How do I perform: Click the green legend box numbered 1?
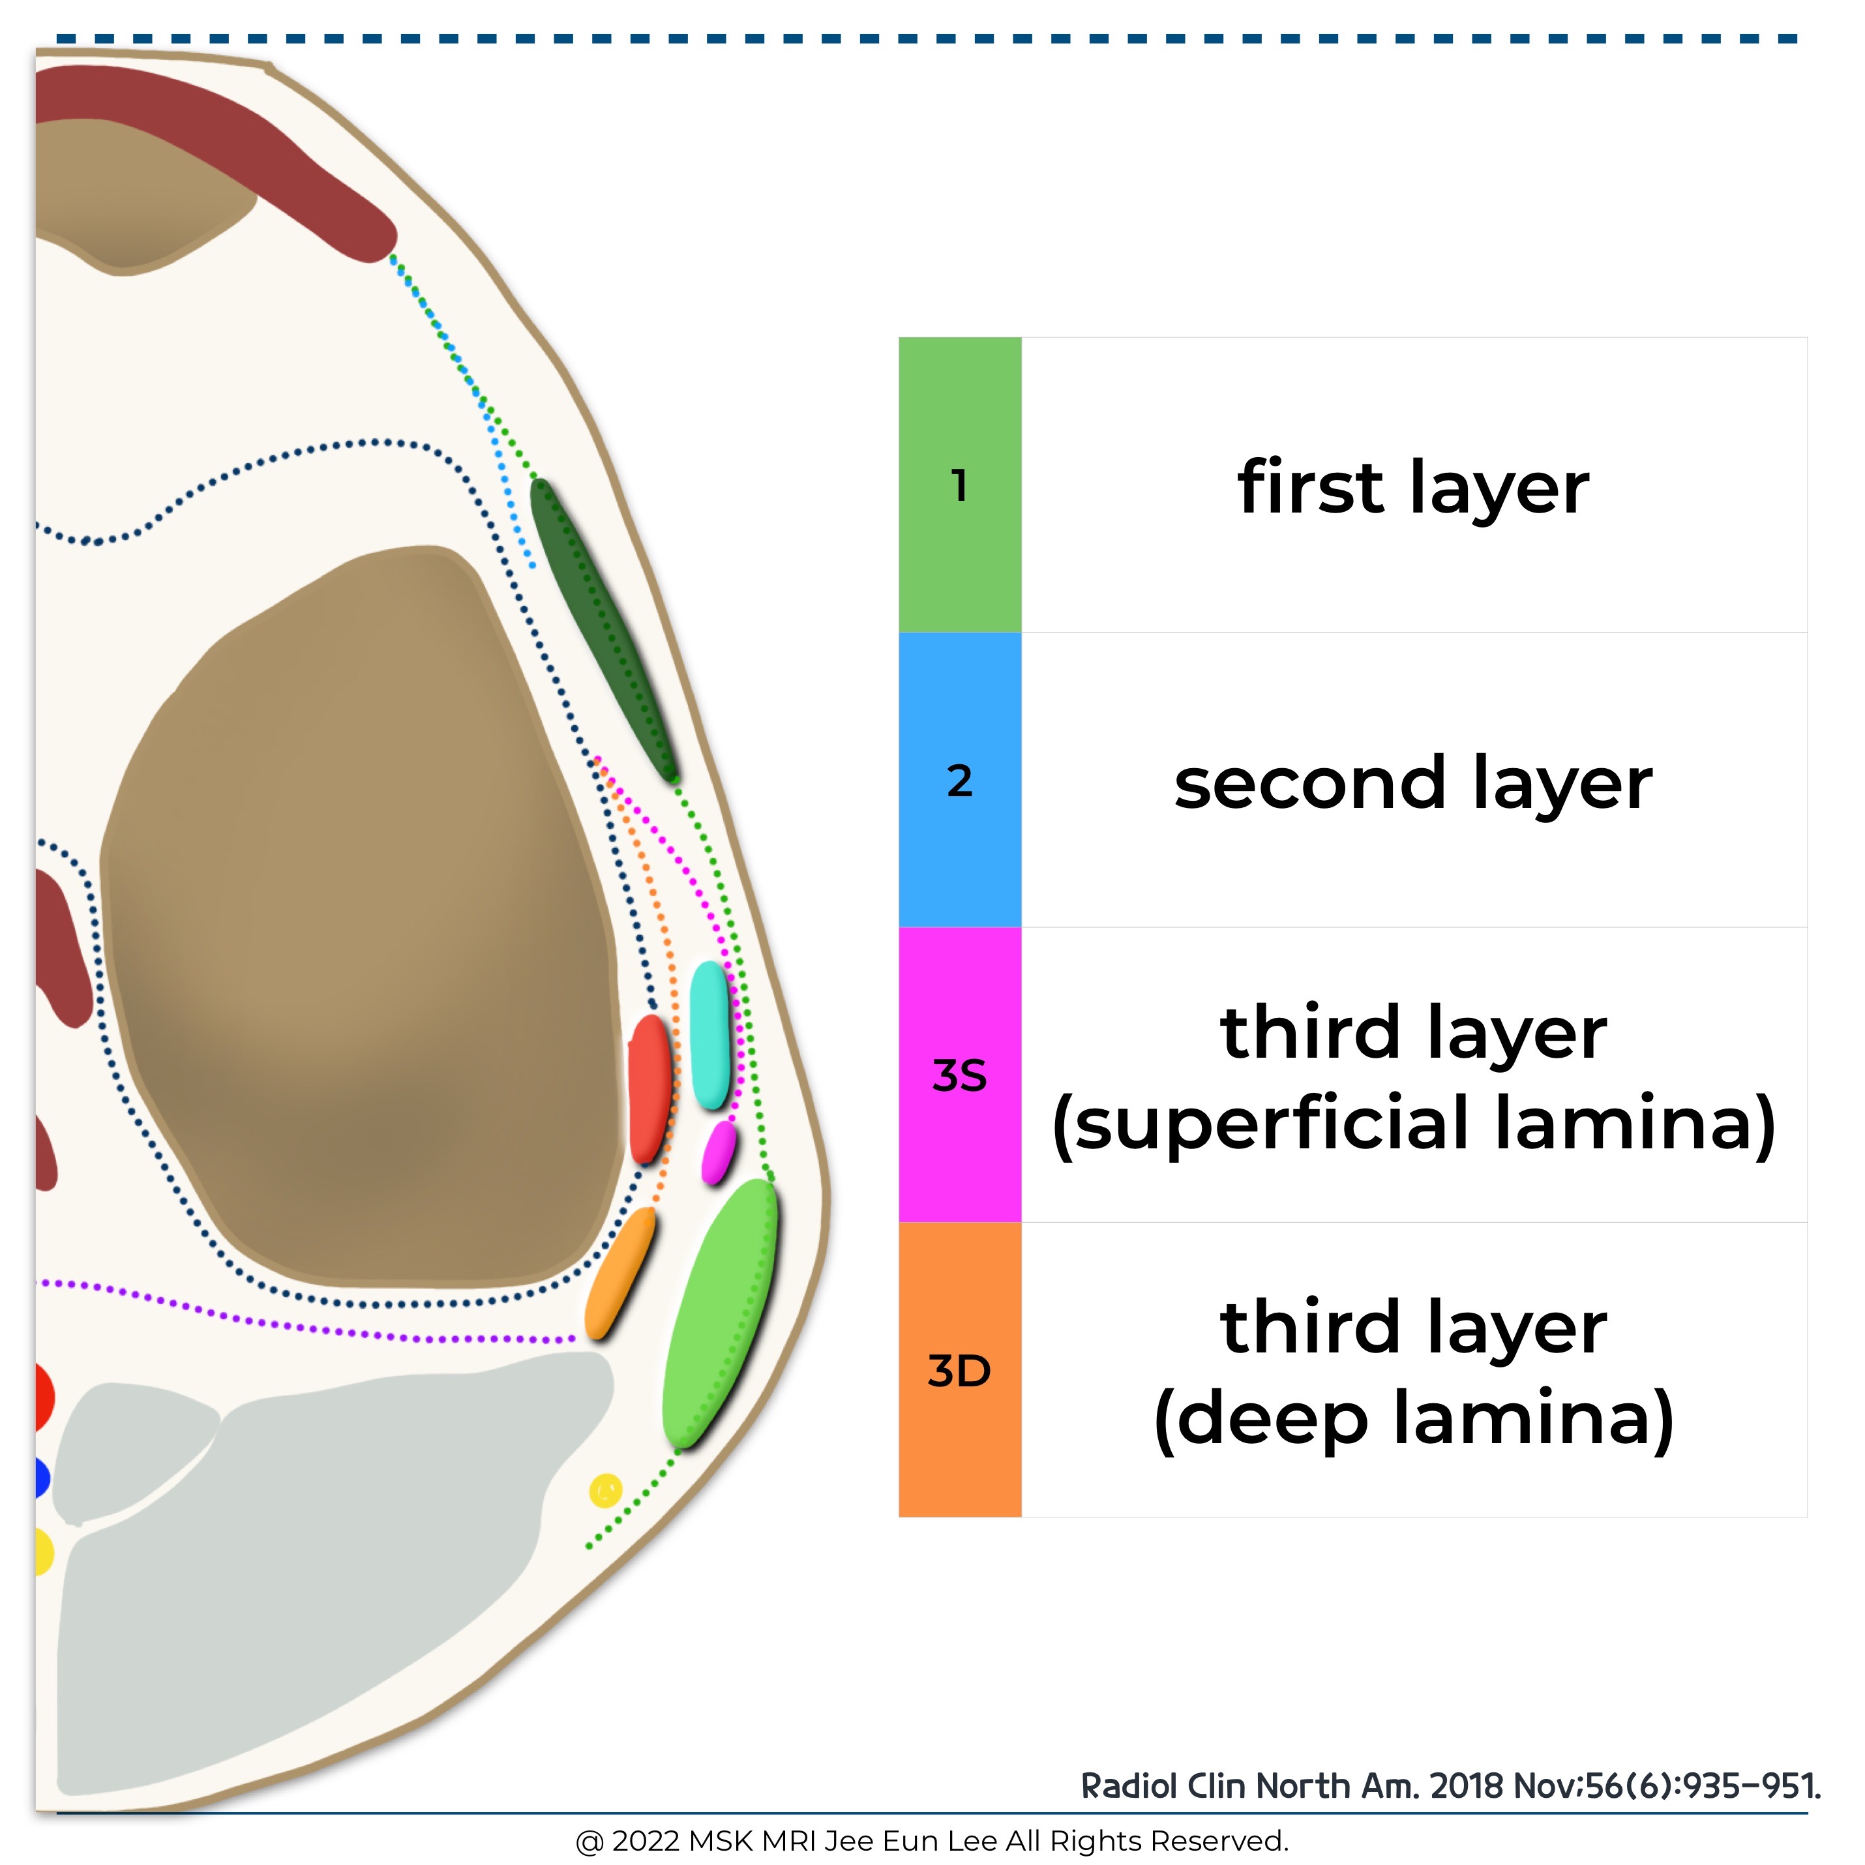959,485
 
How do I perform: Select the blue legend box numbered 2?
959,780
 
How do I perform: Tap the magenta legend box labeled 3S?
959,1075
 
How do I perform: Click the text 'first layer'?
1412,488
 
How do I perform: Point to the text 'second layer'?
1412,783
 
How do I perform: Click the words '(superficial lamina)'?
1412,1124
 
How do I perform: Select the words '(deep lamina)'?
1412,1418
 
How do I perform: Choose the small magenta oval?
717,1152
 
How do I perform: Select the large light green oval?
720,1313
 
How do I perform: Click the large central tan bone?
357,917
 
